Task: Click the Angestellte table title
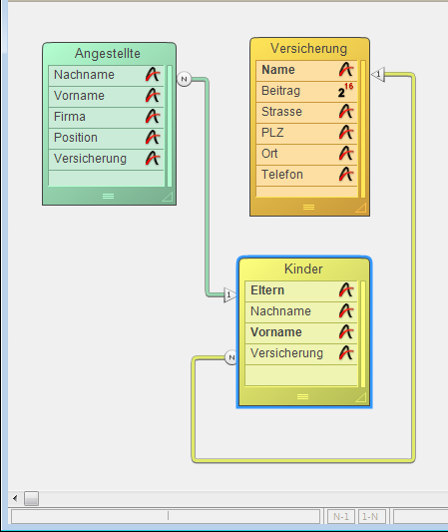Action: pyautogui.click(x=108, y=53)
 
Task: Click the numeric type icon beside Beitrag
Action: pyautogui.click(x=345, y=91)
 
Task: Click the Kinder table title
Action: pyautogui.click(x=303, y=269)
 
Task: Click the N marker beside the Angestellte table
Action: pyautogui.click(x=185, y=79)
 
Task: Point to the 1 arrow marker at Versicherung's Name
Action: pyautogui.click(x=378, y=74)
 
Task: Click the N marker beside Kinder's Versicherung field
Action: pyautogui.click(x=231, y=357)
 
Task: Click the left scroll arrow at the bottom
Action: pyautogui.click(x=15, y=498)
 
